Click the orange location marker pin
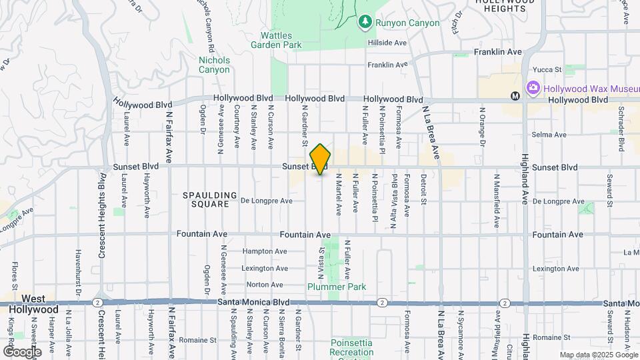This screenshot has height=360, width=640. coord(321,159)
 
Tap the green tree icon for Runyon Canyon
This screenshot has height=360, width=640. coord(365,23)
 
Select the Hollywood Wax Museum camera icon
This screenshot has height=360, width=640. coord(533,88)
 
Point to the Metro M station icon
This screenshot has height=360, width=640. coord(515,96)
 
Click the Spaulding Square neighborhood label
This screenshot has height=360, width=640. coord(210,200)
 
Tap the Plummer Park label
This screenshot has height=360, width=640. coord(337,287)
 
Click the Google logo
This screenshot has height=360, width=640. coord(22,351)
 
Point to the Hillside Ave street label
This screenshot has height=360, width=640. coord(387,43)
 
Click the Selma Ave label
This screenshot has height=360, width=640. coord(549,135)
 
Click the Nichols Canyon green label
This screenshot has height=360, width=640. coord(214,65)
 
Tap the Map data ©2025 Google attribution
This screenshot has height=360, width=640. coord(598,355)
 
